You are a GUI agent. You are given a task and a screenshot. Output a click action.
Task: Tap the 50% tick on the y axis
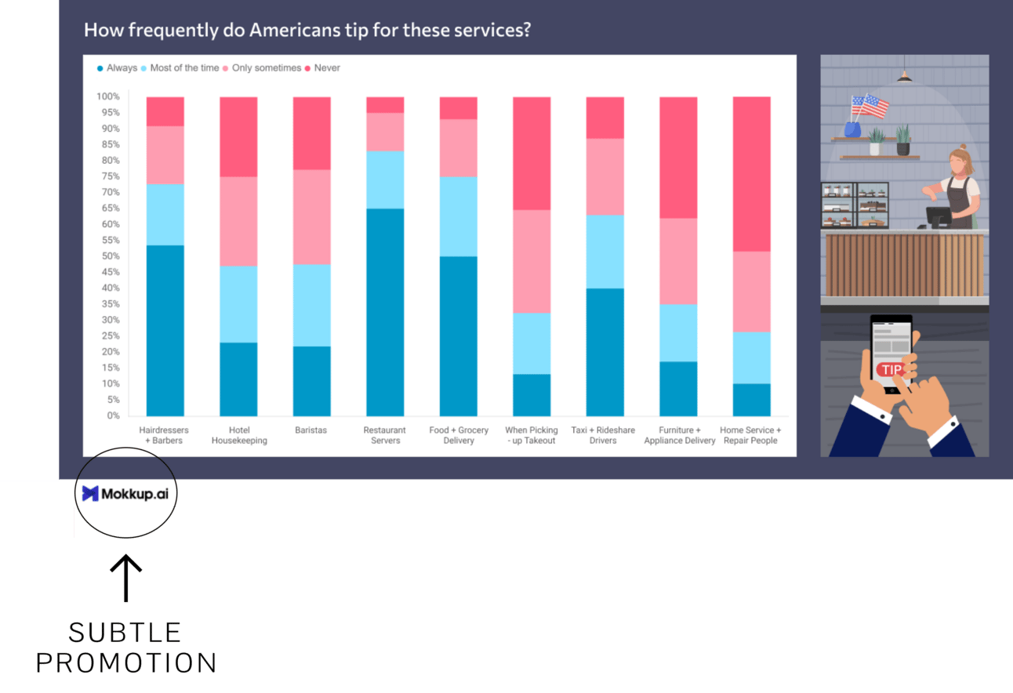pos(108,256)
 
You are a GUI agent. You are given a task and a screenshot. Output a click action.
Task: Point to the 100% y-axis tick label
pos(107,96)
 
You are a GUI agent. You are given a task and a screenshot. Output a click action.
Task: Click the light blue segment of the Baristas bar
pos(311,305)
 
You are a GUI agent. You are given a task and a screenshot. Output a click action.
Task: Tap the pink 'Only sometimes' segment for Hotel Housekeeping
pos(238,221)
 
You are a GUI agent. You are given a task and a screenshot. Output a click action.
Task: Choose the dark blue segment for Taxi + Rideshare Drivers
pos(605,352)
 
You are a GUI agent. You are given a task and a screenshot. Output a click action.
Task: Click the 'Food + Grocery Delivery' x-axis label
pos(459,435)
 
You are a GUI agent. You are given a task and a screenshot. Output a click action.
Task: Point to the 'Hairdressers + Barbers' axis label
pos(165,435)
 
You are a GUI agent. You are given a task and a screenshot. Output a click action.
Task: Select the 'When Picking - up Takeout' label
pos(532,435)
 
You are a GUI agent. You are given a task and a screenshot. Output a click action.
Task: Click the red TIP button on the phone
pos(891,369)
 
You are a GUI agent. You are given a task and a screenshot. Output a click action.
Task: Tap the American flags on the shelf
pos(869,105)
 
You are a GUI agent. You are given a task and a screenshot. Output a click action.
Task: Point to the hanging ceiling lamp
pos(905,76)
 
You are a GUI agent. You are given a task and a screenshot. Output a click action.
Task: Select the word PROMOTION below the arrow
pos(125,663)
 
